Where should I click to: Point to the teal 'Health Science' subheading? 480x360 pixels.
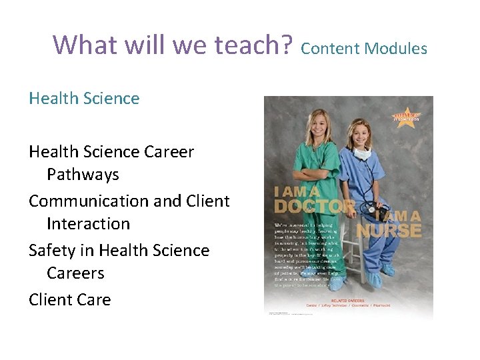(x=84, y=99)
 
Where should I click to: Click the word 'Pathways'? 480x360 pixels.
(x=83, y=175)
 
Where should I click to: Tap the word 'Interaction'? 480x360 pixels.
(x=88, y=224)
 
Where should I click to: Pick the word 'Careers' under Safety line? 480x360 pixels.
(x=75, y=273)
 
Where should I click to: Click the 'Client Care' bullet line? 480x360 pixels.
(x=70, y=299)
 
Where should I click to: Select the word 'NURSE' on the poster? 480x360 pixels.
(x=389, y=230)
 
